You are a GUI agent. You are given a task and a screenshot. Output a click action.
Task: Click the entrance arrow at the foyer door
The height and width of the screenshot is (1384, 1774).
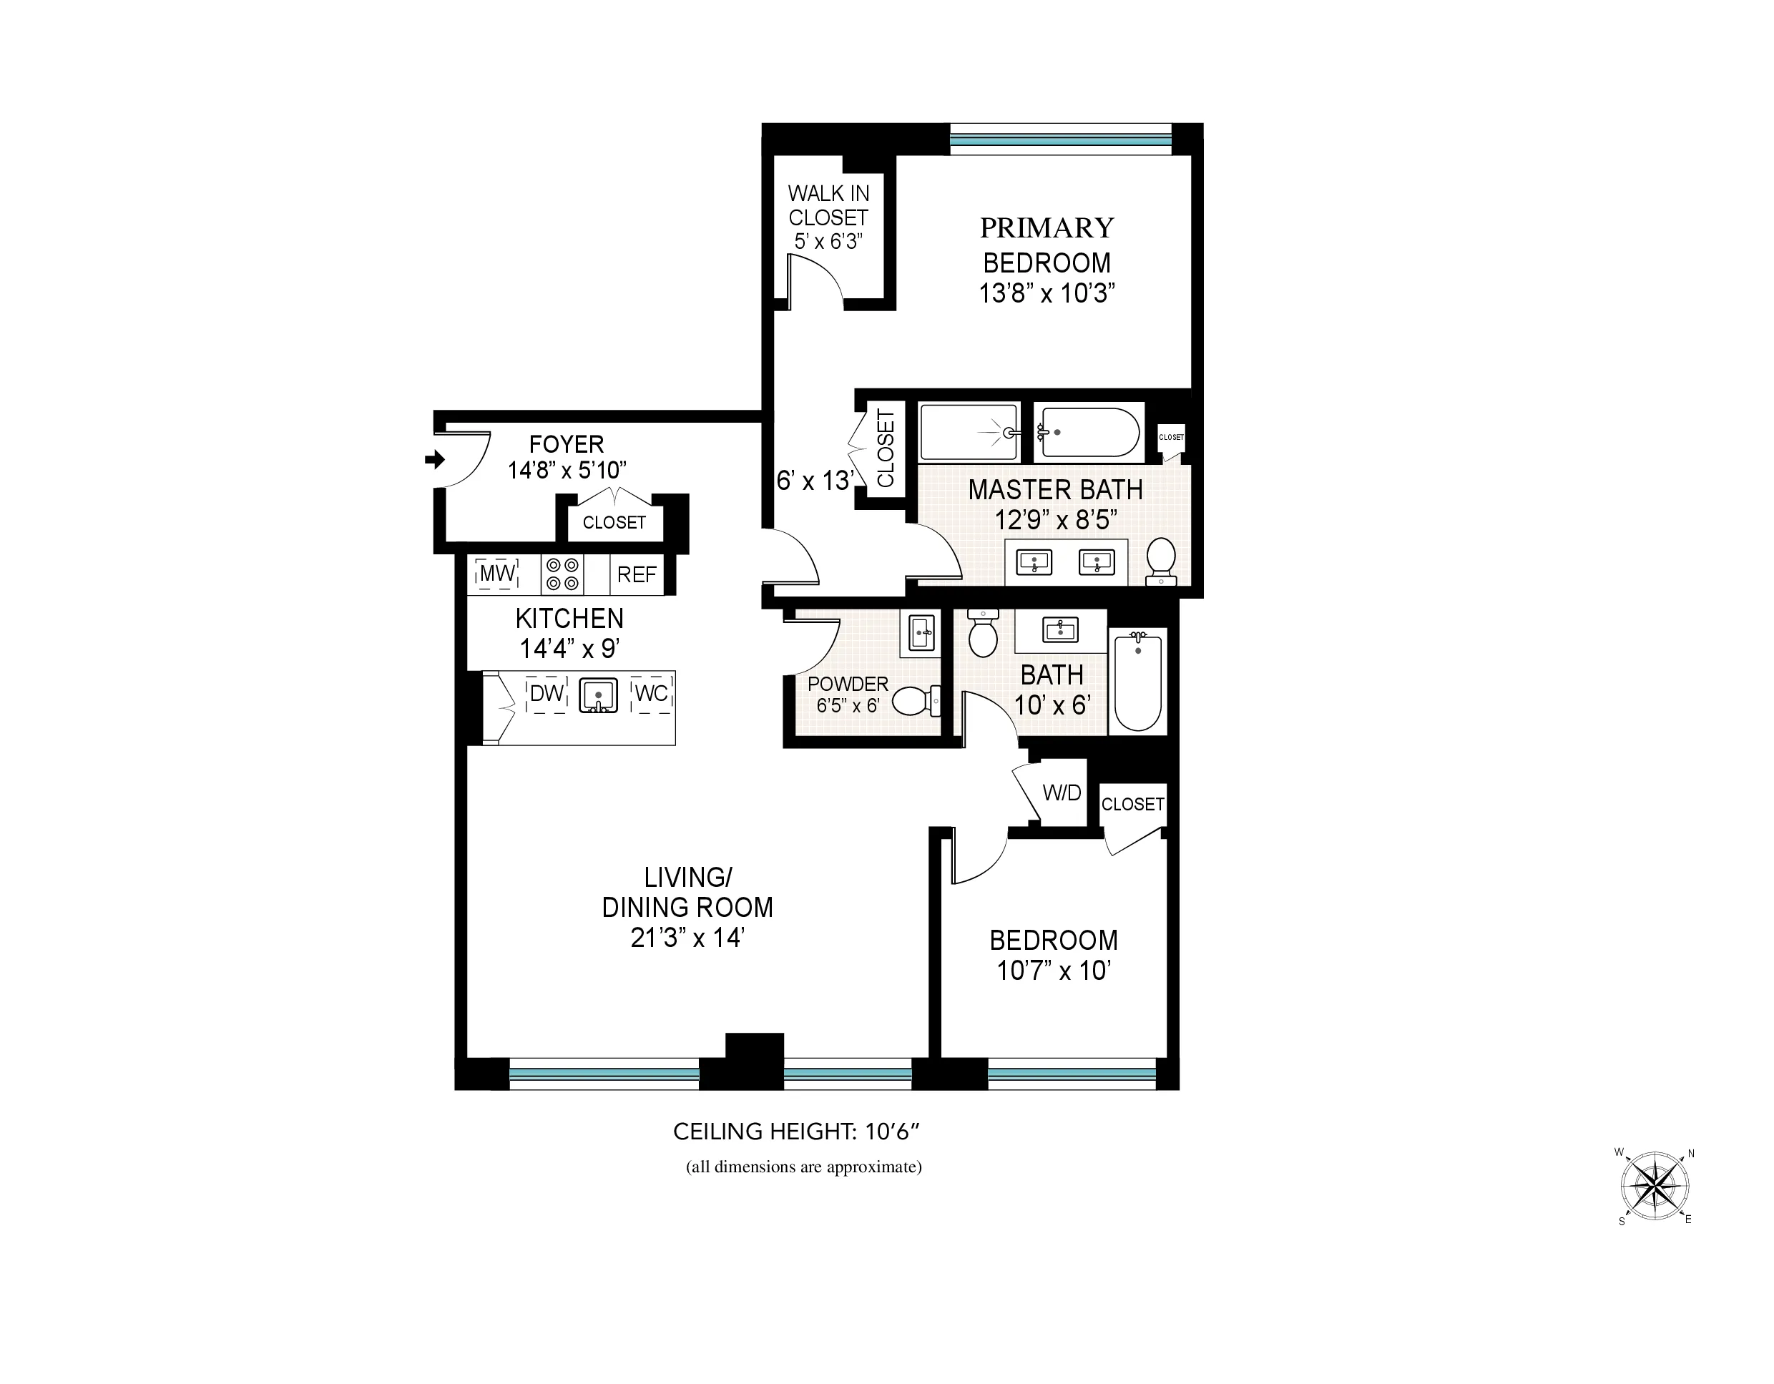tap(436, 460)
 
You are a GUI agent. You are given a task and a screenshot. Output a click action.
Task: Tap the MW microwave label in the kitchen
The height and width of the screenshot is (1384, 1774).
tap(497, 574)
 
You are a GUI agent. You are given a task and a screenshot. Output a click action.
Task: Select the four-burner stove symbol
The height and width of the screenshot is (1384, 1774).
tap(562, 574)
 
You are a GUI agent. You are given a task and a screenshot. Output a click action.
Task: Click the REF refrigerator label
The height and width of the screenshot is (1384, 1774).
tap(636, 575)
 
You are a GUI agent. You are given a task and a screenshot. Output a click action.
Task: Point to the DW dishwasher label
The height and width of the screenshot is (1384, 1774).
tap(547, 694)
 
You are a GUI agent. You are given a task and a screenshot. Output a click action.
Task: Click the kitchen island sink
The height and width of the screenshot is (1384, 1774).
tap(598, 696)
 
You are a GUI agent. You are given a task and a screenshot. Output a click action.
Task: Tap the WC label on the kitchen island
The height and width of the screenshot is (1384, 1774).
tap(652, 694)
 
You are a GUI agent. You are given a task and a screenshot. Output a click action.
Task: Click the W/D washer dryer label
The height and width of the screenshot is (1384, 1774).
tap(1062, 792)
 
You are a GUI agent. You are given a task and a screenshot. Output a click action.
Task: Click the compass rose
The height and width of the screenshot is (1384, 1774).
tap(1655, 1186)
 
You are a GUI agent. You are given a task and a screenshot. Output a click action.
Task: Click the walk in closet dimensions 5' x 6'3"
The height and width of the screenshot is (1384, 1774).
tap(828, 241)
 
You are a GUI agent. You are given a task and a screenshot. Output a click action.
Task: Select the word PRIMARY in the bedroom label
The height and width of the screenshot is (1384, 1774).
tap(1047, 228)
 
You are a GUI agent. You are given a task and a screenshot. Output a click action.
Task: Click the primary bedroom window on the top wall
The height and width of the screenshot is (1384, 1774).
tap(1060, 140)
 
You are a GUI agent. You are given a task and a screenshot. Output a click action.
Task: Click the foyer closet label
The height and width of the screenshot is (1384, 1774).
tap(614, 522)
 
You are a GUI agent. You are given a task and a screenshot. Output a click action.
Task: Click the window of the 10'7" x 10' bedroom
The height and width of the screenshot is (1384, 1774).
tap(1071, 1074)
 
